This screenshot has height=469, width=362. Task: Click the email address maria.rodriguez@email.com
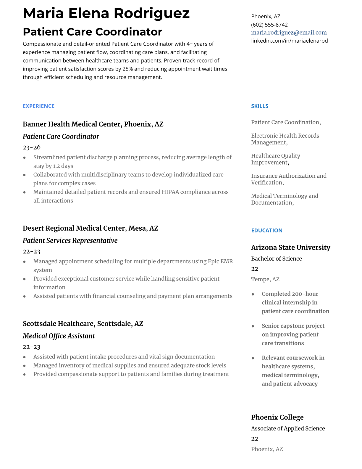click(x=289, y=33)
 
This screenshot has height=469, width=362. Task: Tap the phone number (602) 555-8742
click(x=269, y=25)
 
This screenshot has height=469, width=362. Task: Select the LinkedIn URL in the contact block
click(x=289, y=41)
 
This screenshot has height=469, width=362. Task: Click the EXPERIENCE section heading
click(x=38, y=106)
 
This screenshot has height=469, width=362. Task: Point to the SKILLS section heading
click(x=259, y=106)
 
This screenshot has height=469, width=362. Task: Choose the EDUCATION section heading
click(x=266, y=230)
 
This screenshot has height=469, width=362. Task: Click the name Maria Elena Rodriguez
click(x=106, y=13)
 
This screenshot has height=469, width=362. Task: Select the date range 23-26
click(x=31, y=147)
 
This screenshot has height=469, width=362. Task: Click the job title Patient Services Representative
click(x=70, y=240)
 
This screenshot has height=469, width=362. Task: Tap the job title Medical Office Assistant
click(x=59, y=336)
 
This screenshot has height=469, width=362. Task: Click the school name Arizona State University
click(x=290, y=247)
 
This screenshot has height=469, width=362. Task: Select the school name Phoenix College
click(x=277, y=417)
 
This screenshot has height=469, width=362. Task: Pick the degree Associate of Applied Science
click(x=288, y=428)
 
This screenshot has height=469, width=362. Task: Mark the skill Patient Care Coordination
click(x=285, y=122)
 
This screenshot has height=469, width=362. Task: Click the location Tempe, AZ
click(x=265, y=279)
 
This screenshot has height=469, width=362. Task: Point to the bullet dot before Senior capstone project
click(x=253, y=326)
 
